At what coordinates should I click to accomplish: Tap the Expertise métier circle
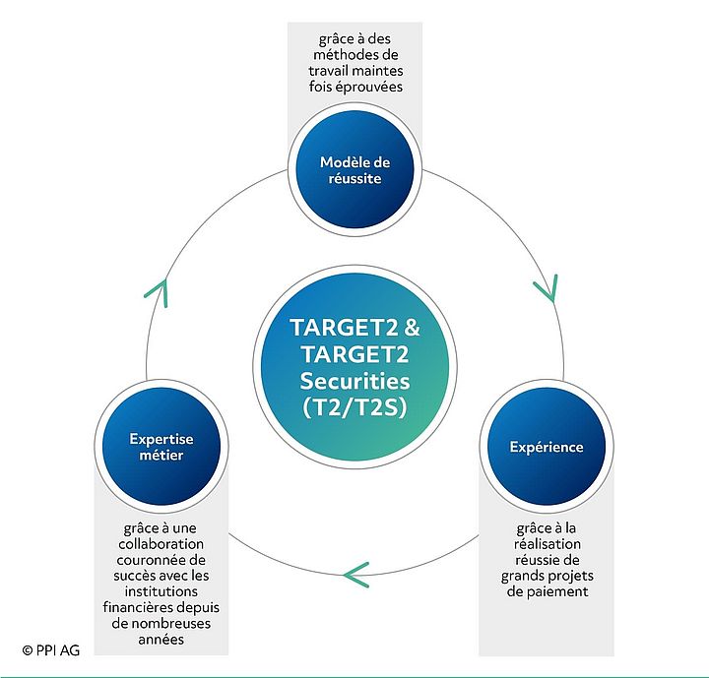(161, 447)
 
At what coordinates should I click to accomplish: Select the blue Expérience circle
(546, 447)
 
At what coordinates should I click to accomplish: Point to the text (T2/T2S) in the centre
(354, 405)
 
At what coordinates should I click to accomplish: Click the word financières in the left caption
(140, 607)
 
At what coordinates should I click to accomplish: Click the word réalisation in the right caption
(547, 543)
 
